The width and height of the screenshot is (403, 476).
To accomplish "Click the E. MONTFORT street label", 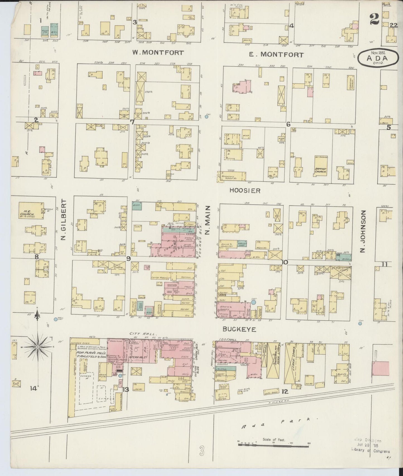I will coord(276,55).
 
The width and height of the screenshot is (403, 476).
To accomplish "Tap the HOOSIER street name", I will coord(245,190).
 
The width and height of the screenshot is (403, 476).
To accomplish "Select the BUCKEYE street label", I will coord(239,329).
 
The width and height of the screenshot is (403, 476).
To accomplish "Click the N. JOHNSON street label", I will coord(362,231).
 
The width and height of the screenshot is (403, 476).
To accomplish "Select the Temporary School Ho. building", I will coord(232,176).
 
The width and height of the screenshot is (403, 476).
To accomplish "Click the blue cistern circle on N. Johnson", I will coord(360,323).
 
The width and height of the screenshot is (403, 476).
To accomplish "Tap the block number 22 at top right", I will coord(393,25).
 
